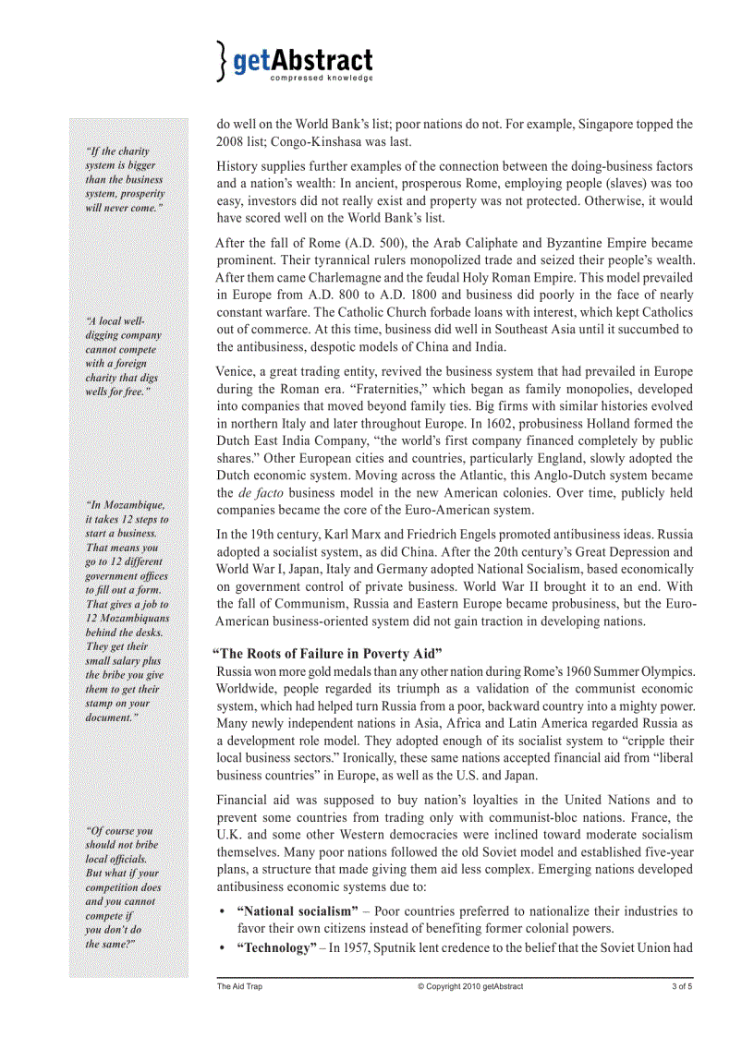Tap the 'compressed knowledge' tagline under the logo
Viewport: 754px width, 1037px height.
[x=321, y=79]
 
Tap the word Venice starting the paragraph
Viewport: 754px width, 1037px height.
[x=237, y=372]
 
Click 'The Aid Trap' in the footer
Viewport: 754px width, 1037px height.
[x=239, y=987]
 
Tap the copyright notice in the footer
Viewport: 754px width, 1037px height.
[x=469, y=987]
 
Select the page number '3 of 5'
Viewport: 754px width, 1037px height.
[x=682, y=987]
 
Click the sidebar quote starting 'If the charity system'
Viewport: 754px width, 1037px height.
[x=124, y=179]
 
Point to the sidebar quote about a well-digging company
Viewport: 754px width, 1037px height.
[x=124, y=356]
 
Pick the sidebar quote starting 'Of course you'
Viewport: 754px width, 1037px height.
[x=122, y=886]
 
